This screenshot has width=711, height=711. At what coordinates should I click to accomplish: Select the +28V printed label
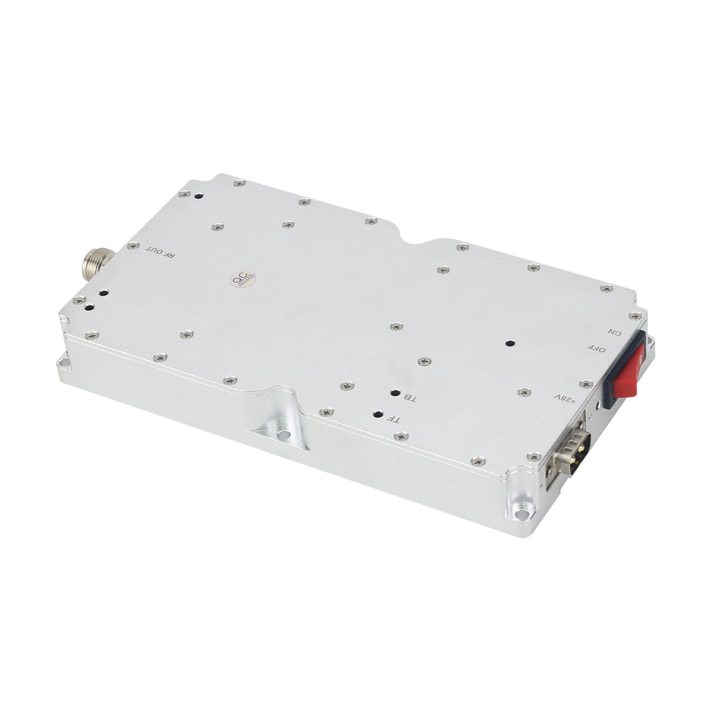[x=565, y=397]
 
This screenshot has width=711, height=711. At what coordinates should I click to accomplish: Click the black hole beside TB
[x=394, y=393]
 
